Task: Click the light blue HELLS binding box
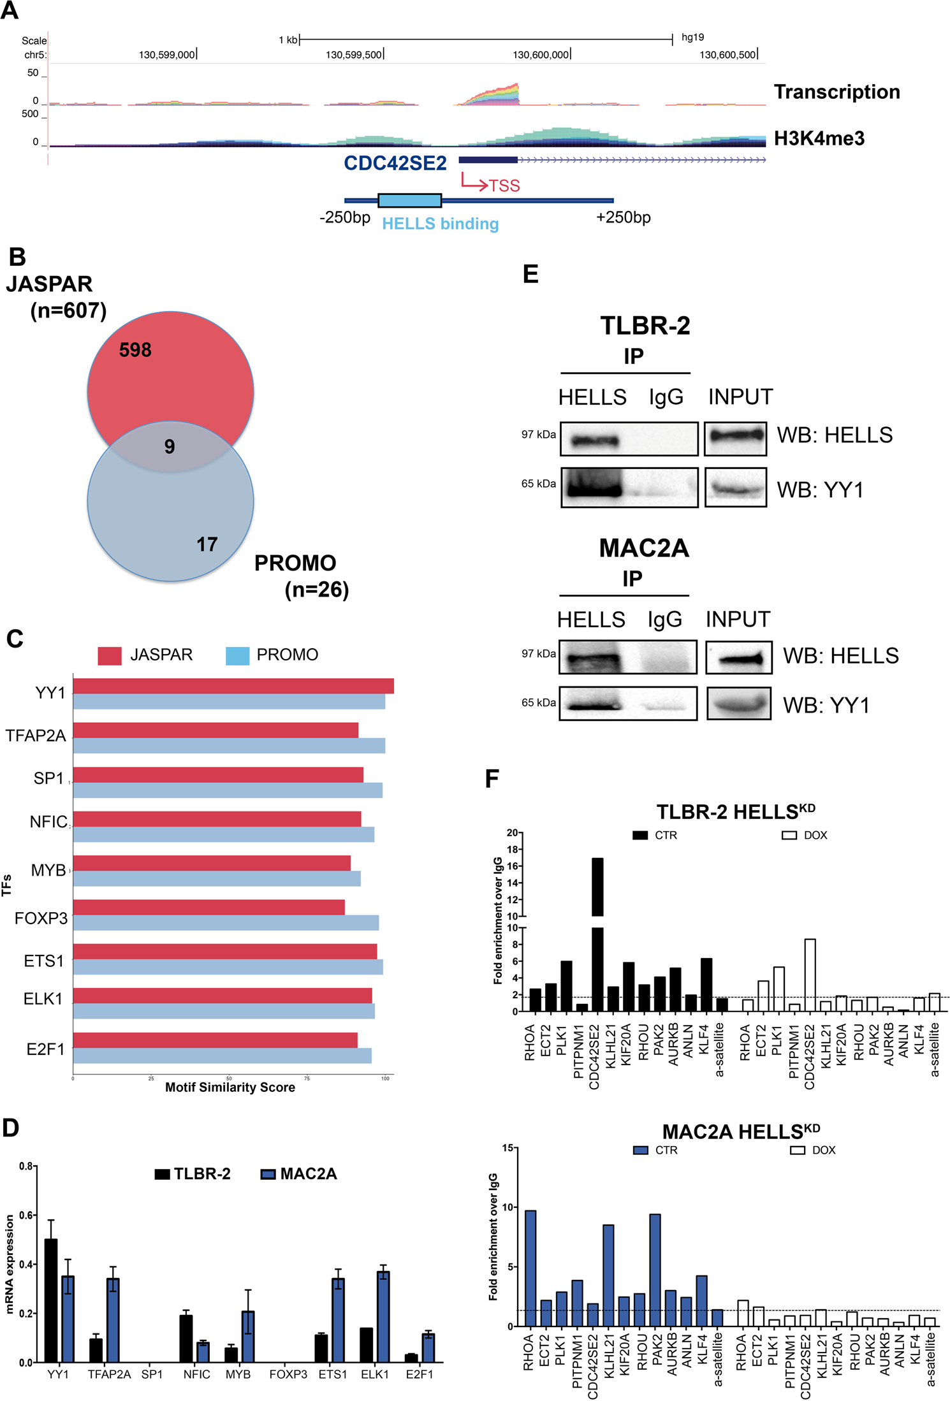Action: (409, 200)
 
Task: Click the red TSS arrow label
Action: (504, 185)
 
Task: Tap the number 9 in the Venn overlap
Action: (169, 446)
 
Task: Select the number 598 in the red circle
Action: (135, 350)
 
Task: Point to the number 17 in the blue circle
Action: (207, 544)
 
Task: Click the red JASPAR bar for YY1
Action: (233, 686)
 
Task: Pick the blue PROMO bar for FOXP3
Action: (226, 922)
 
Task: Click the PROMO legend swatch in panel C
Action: (237, 656)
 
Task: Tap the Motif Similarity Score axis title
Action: (230, 1087)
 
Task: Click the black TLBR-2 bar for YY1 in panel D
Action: (51, 1300)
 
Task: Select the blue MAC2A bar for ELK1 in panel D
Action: (383, 1317)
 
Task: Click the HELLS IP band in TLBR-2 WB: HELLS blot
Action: (594, 440)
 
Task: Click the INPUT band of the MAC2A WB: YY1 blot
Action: (738, 705)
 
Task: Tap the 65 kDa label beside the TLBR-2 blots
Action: (538, 484)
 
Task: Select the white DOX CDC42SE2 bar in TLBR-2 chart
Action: (810, 975)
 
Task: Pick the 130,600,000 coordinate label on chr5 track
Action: (541, 55)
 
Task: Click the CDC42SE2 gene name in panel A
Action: (395, 163)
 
